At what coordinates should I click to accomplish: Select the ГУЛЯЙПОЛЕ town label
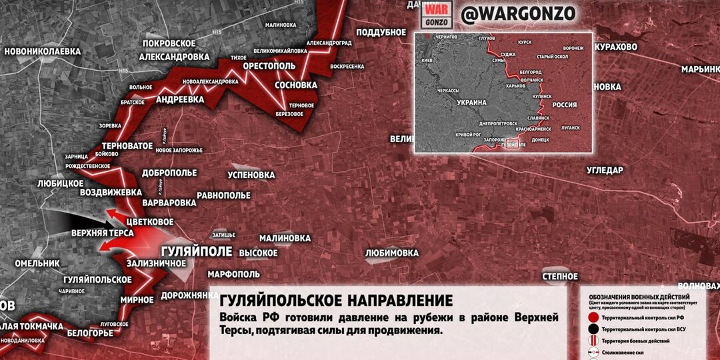(x=197, y=251)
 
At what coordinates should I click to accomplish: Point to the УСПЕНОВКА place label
(x=251, y=175)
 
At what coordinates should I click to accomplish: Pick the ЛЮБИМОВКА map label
(x=392, y=253)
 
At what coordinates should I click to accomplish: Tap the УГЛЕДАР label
(x=605, y=170)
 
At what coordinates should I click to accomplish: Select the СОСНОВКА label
(x=295, y=85)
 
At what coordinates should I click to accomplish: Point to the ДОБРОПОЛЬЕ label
(x=169, y=173)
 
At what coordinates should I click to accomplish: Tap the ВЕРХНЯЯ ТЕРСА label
(x=103, y=233)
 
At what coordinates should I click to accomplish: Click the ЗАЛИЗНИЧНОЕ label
(x=156, y=263)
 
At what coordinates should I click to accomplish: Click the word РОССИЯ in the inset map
(x=565, y=105)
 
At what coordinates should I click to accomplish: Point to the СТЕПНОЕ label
(x=560, y=275)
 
